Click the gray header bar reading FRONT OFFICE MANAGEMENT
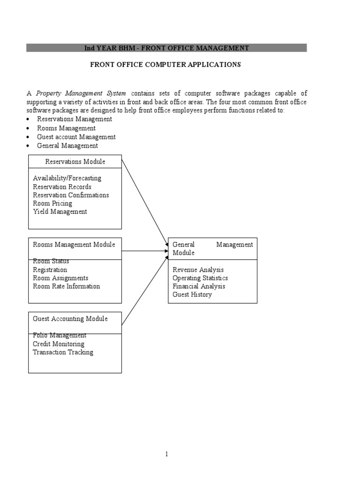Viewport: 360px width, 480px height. click(x=166, y=48)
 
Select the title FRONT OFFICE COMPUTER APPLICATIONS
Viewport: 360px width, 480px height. click(x=165, y=65)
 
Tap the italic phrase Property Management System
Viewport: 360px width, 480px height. click(x=81, y=93)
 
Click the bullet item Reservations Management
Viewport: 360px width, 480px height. click(x=75, y=119)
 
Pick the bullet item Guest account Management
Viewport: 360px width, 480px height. click(x=76, y=137)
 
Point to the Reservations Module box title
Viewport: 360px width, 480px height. click(x=75, y=162)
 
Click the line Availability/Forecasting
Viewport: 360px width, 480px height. click(x=67, y=178)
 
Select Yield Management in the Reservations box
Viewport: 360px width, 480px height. click(x=60, y=211)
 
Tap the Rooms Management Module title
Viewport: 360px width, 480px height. click(x=74, y=245)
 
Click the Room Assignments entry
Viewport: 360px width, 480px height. click(x=60, y=278)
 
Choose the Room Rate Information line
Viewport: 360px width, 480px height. click(x=66, y=286)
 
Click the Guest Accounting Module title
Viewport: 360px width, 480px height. click(x=70, y=319)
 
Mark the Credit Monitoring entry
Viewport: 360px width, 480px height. click(x=59, y=344)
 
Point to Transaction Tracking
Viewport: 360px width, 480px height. click(x=63, y=352)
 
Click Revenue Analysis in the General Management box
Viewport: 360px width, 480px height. click(x=198, y=270)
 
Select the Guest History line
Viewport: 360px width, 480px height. click(x=192, y=295)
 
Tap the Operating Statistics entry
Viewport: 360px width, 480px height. click(x=200, y=278)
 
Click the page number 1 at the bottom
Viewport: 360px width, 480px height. click(x=166, y=454)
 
